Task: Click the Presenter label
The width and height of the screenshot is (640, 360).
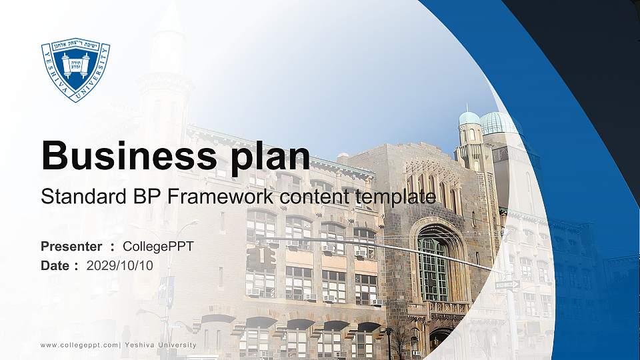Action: [x=71, y=247]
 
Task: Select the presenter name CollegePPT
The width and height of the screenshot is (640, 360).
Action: [x=158, y=247]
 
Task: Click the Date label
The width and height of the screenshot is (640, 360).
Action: [x=55, y=265]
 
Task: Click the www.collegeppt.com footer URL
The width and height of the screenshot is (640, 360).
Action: [x=79, y=345]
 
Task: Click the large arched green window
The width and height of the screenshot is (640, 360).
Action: [x=433, y=267]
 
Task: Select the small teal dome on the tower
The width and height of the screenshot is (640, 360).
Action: [x=469, y=118]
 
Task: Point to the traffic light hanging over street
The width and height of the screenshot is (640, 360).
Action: [x=260, y=256]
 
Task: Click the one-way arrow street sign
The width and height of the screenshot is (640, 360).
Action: [x=507, y=285]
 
